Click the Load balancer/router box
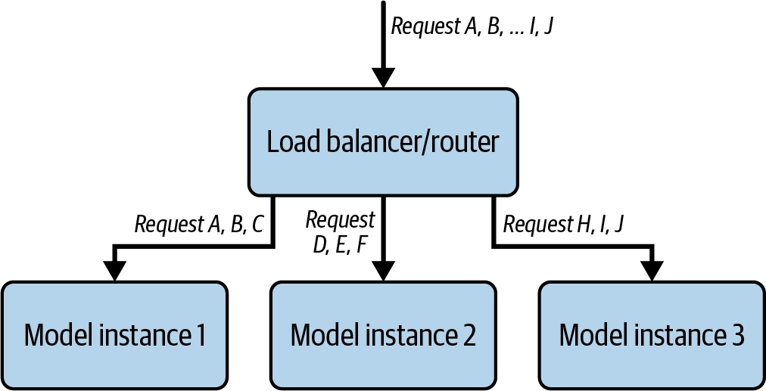[x=383, y=141]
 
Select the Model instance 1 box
[x=114, y=335]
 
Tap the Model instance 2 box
[x=383, y=335]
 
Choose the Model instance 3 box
[x=652, y=335]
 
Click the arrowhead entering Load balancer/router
[x=384, y=78]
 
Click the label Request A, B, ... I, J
[x=472, y=26]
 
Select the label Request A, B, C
[x=199, y=225]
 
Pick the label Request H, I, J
[x=564, y=225]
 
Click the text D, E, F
[x=340, y=246]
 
